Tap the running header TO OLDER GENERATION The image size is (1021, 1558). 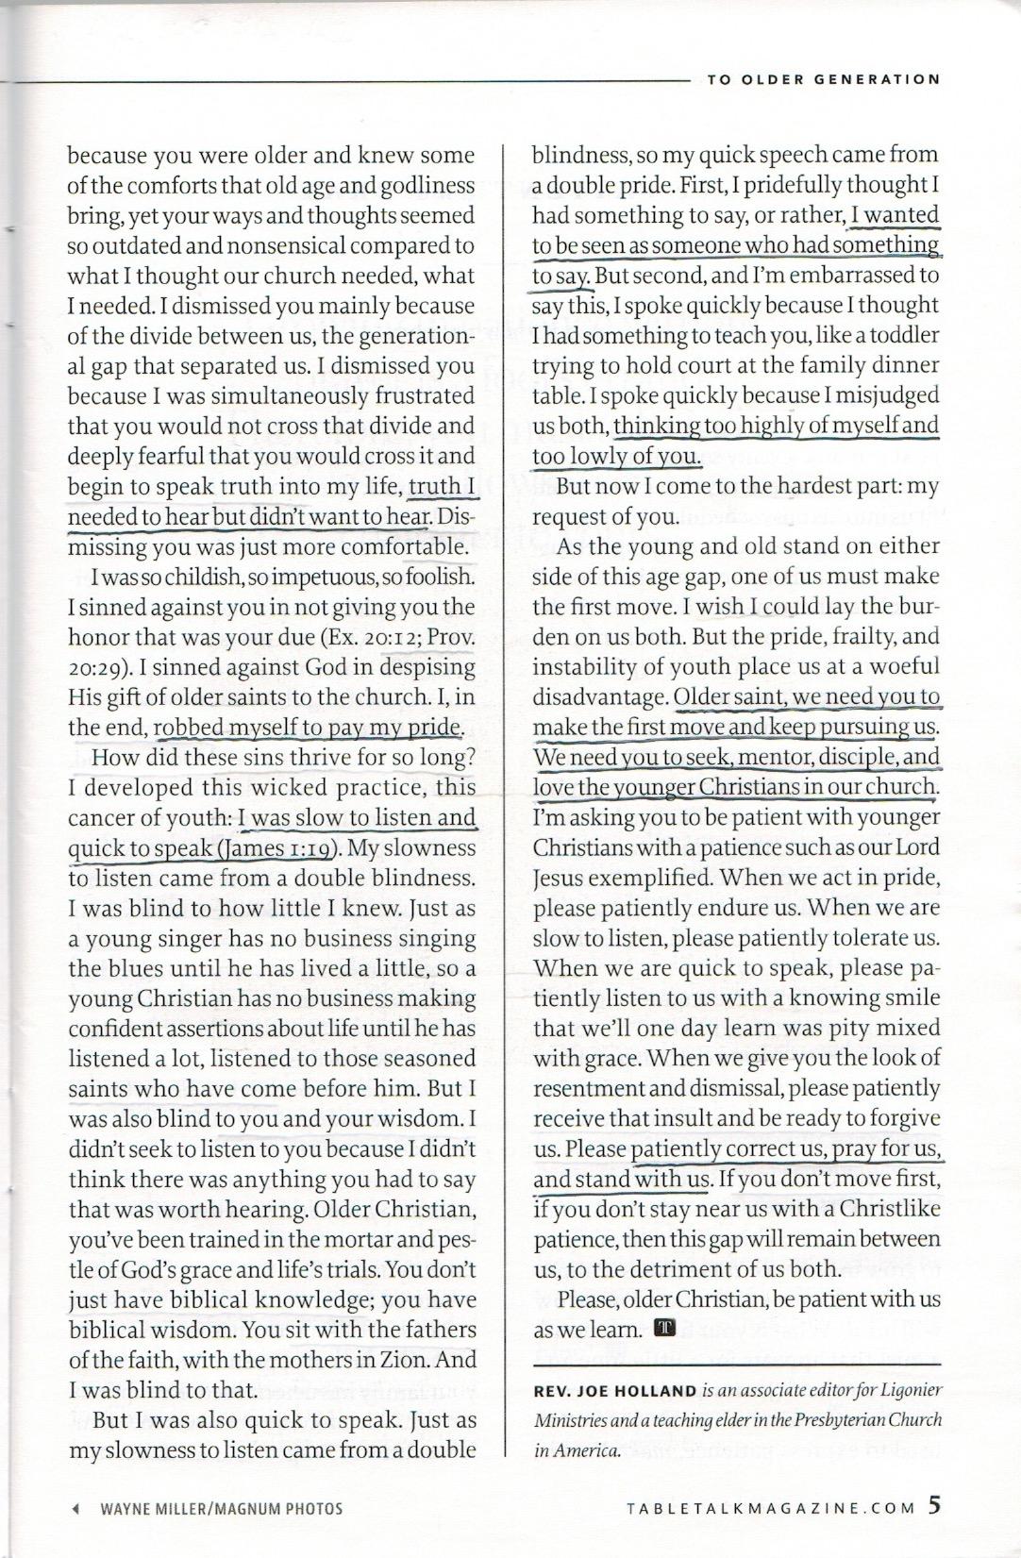(x=823, y=79)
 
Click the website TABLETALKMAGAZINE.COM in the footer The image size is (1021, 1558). (x=771, y=1507)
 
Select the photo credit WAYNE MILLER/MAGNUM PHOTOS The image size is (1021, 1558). (x=222, y=1508)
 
